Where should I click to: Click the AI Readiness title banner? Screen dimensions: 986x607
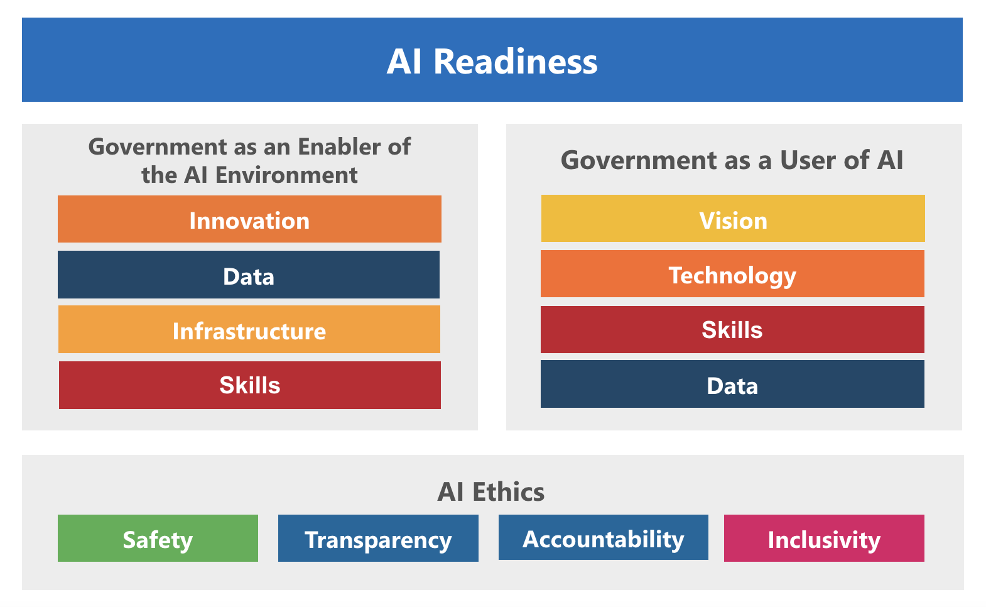492,60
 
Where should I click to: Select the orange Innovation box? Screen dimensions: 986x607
249,219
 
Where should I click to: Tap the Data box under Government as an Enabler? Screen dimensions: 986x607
249,275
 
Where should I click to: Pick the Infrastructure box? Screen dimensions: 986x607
249,329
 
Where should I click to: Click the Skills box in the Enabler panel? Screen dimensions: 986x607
249,385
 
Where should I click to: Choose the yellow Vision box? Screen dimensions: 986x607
733,219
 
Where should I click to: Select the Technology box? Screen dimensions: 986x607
732,273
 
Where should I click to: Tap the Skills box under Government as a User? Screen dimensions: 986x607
732,329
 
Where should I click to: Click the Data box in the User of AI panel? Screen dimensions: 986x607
732,384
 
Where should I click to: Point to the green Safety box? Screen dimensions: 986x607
158,539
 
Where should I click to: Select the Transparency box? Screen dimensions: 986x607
378,539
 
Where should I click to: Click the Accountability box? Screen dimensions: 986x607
604,537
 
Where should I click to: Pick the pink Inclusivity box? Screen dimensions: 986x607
824,539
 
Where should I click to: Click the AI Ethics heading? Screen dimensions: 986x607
490,491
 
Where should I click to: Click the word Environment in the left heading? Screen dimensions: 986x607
286,175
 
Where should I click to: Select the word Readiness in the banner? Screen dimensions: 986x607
516,62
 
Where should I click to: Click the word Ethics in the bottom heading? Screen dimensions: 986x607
509,491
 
